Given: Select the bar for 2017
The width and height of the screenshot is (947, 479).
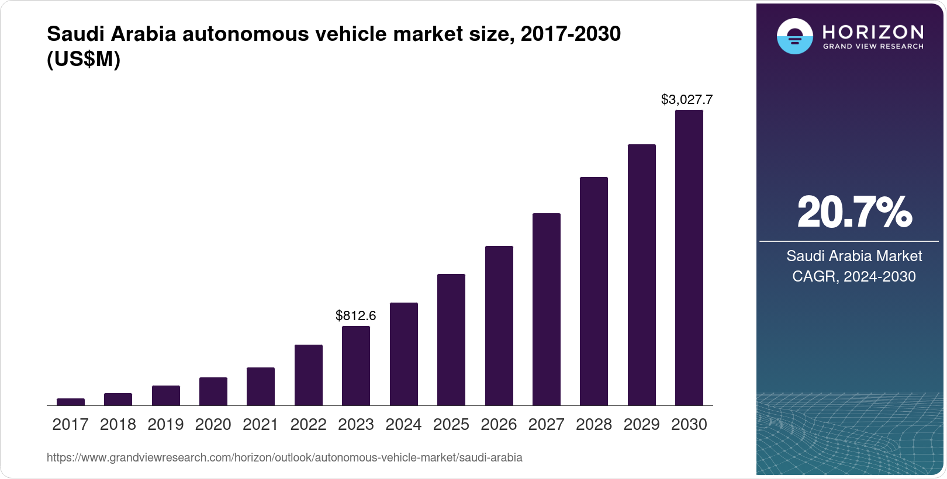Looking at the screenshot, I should (x=71, y=402).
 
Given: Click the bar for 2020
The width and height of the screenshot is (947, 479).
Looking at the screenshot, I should (x=213, y=391).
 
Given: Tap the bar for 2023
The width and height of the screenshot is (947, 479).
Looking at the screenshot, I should (x=356, y=366).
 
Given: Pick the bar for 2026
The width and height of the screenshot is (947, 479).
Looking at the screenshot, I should (x=499, y=325).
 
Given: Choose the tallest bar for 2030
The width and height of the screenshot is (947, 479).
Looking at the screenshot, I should (x=689, y=258).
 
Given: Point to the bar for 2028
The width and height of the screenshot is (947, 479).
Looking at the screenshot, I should (x=594, y=291).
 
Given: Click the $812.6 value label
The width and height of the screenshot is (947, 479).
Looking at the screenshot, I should (x=356, y=316).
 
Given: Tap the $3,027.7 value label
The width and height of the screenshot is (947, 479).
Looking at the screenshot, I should (x=687, y=100).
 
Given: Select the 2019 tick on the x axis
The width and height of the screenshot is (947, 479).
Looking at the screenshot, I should (x=165, y=425).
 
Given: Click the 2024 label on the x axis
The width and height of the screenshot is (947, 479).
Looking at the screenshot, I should (x=403, y=425).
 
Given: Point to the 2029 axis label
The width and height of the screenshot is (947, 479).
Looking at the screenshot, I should (x=641, y=425).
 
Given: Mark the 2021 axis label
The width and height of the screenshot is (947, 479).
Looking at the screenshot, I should (x=261, y=425).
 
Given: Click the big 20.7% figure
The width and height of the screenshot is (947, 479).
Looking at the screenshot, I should (x=854, y=213).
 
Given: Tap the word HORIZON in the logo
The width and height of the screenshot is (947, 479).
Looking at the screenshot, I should (x=873, y=32).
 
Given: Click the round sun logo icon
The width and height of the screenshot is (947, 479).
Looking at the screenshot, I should (x=794, y=36).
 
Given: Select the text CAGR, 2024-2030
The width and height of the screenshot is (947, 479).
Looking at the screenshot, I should (x=854, y=276).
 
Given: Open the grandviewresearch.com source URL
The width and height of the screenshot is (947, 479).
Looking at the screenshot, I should (x=285, y=458).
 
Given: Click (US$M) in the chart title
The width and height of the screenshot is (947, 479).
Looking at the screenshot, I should (x=84, y=60).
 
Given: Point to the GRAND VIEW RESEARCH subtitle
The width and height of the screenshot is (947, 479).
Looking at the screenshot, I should (x=873, y=47).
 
